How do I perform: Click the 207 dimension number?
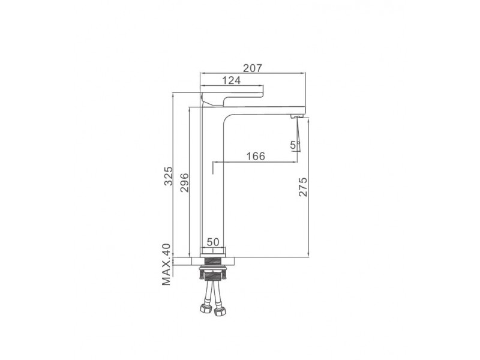pyautogui.click(x=253, y=68)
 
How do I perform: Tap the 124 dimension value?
pyautogui.click(x=231, y=80)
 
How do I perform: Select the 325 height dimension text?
pyautogui.click(x=169, y=176)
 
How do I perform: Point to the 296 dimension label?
pyautogui.click(x=184, y=182)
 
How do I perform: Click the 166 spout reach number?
pyautogui.click(x=256, y=156)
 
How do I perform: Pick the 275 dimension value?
pyautogui.click(x=302, y=187)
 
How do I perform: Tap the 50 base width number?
pyautogui.click(x=213, y=242)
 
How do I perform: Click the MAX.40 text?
pyautogui.click(x=166, y=265)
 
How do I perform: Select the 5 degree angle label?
pyautogui.click(x=293, y=145)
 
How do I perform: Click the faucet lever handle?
pyautogui.click(x=232, y=98)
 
